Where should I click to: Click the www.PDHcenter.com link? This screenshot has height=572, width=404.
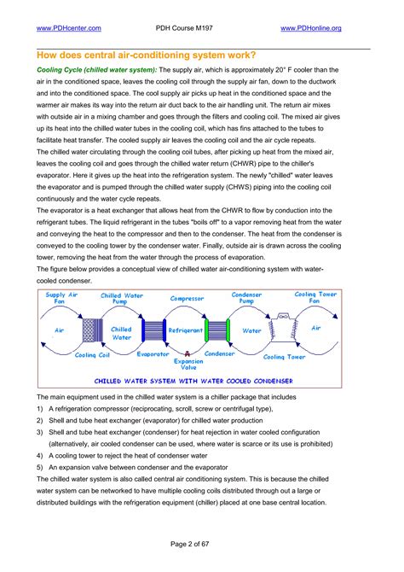(x=69, y=28)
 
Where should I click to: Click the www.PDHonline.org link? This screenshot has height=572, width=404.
(x=311, y=28)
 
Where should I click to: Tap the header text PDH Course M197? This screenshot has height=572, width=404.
(x=184, y=28)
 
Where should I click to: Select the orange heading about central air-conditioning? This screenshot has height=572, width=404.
(x=146, y=55)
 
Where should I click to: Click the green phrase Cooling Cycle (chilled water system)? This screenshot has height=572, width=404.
(x=97, y=70)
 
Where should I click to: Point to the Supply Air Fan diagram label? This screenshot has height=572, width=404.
(x=61, y=298)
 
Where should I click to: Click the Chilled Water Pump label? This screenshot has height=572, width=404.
(x=121, y=299)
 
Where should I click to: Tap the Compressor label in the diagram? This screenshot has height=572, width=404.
(x=187, y=299)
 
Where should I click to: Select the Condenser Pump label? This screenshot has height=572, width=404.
(x=246, y=298)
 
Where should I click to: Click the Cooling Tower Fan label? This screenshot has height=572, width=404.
(x=315, y=297)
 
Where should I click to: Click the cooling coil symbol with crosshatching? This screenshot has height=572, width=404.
(x=93, y=330)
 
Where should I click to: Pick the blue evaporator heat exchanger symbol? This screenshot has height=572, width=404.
(x=153, y=330)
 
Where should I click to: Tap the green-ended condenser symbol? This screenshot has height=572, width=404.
(x=217, y=330)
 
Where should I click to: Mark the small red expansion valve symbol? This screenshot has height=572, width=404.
(x=188, y=353)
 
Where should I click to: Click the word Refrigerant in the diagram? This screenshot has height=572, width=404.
(x=186, y=330)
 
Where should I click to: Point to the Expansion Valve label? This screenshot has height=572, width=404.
(x=188, y=364)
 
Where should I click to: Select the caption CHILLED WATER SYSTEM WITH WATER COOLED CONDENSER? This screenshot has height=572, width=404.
(x=193, y=382)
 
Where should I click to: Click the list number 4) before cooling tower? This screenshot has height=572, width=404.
(x=40, y=456)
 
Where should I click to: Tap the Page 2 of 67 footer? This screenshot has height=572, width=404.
(x=189, y=544)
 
